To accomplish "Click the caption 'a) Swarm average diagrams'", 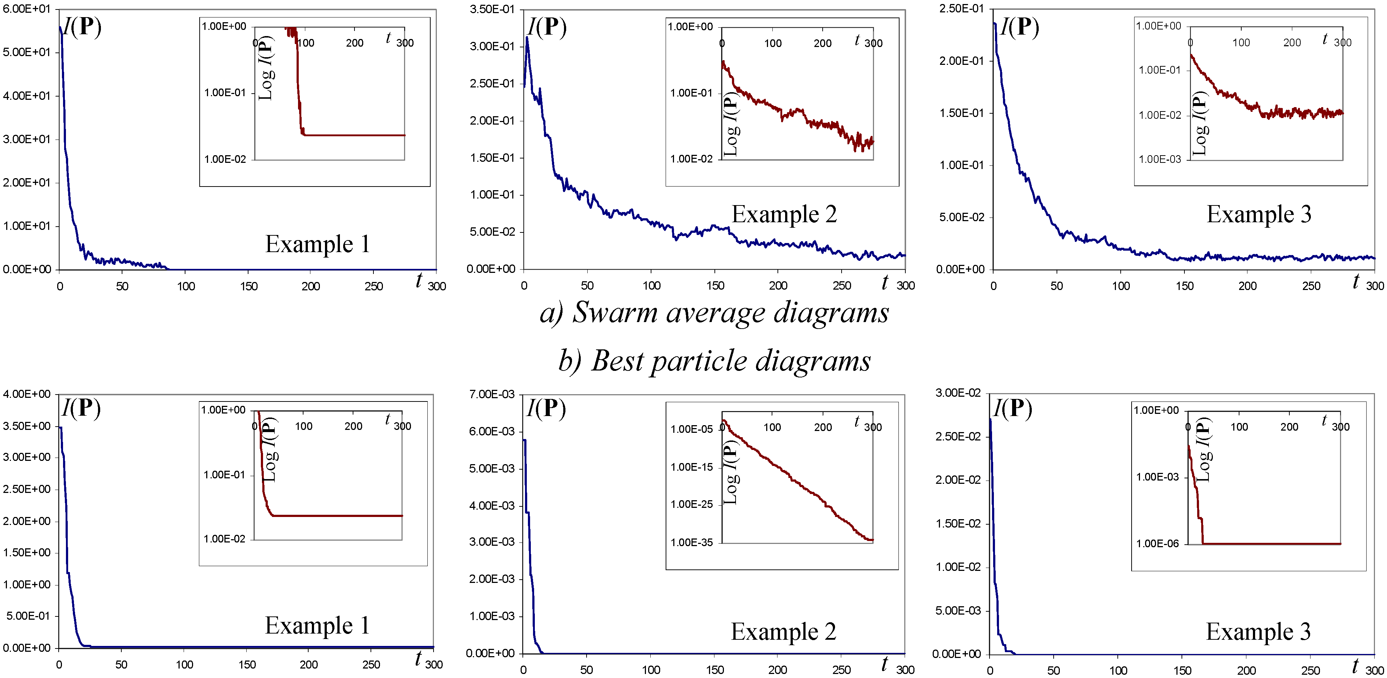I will pos(714,312).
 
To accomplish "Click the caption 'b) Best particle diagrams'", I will pos(714,361).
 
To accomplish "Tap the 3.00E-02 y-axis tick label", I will pos(959,393).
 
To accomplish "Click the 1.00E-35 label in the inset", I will pos(691,542).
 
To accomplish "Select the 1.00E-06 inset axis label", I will pos(1157,543).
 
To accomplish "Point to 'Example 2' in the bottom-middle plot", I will pos(783,632).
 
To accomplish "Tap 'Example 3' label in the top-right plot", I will pos(1259,214).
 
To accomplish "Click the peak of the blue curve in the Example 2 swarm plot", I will pos(528,38).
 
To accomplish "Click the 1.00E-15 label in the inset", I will pos(691,467).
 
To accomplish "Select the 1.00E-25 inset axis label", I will pos(691,505).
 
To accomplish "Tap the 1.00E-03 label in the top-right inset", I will pos(1159,159).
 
